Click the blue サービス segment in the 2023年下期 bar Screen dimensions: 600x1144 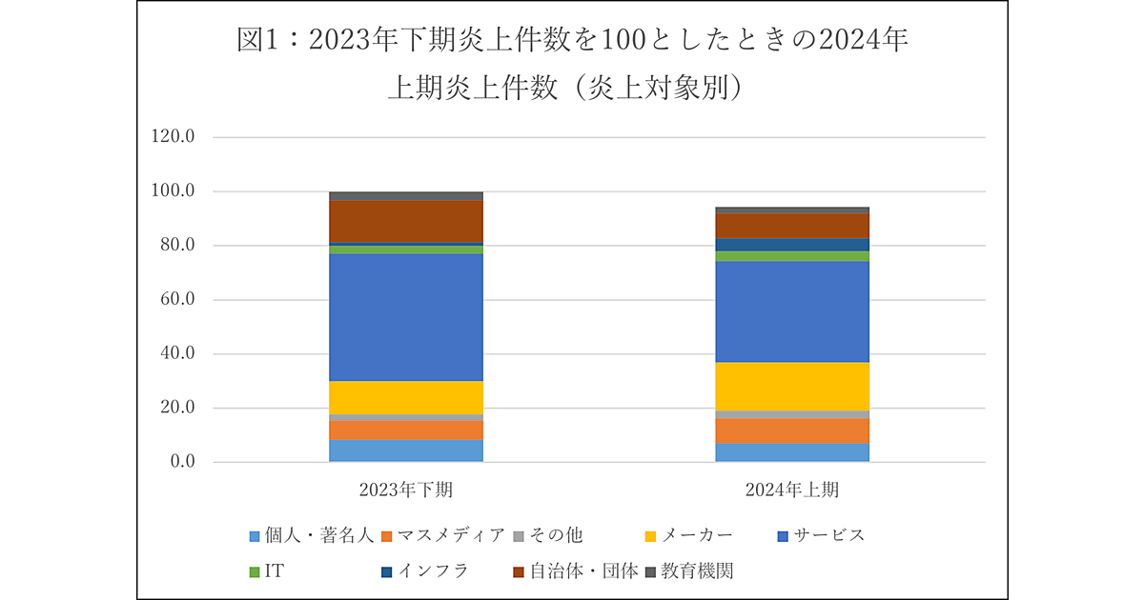[406, 317]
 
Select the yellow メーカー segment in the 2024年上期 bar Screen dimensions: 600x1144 [792, 386]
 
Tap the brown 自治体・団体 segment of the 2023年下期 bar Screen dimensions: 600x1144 [406, 221]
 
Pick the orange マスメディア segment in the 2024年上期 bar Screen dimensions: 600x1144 [792, 430]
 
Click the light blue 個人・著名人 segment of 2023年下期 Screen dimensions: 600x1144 [406, 450]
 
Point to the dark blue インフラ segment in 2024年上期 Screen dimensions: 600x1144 [792, 244]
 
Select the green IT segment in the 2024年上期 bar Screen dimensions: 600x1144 [792, 256]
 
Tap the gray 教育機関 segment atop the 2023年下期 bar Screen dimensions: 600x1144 [406, 196]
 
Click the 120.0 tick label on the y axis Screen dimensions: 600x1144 [173, 137]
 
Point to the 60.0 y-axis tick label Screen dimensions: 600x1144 [176, 300]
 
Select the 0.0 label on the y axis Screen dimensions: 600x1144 [180, 463]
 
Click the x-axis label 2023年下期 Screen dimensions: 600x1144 [406, 490]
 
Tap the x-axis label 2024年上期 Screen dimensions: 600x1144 [792, 490]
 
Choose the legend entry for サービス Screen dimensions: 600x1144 [822, 535]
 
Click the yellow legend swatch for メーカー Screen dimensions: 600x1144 [650, 536]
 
